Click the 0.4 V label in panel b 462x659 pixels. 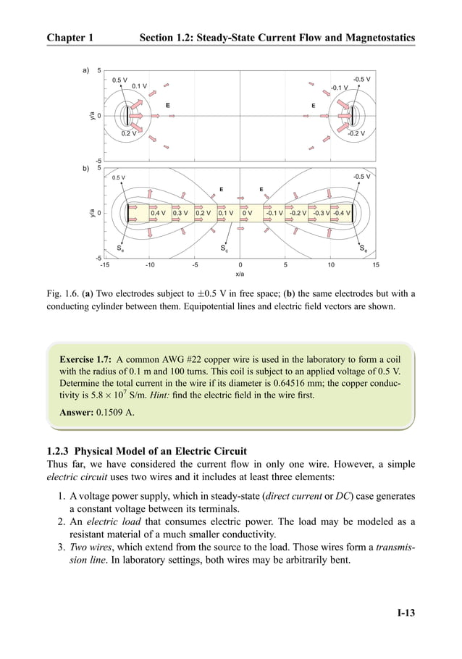tap(158, 214)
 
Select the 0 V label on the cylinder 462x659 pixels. tap(247, 214)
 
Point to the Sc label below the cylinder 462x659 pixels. tap(224, 248)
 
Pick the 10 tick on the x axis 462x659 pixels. tap(331, 265)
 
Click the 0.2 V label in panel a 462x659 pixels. tap(129, 133)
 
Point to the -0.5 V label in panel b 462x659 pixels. tap(361, 176)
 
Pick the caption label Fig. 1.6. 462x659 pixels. tap(62, 294)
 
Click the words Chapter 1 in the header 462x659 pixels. tap(70, 36)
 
